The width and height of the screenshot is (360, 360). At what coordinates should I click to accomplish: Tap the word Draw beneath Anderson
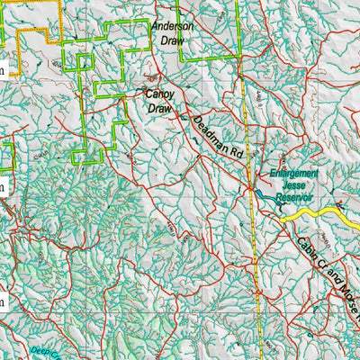point(171,40)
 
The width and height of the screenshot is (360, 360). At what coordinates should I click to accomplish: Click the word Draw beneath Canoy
point(159,108)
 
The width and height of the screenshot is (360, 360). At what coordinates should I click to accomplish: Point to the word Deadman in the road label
point(205,130)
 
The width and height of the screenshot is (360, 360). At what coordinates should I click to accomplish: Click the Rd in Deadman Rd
point(236,154)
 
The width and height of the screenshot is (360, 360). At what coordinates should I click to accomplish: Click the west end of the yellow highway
point(281,218)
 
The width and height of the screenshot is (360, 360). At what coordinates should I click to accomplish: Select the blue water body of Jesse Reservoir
point(262,194)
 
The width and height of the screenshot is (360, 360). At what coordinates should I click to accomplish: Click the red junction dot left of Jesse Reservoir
point(251,187)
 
